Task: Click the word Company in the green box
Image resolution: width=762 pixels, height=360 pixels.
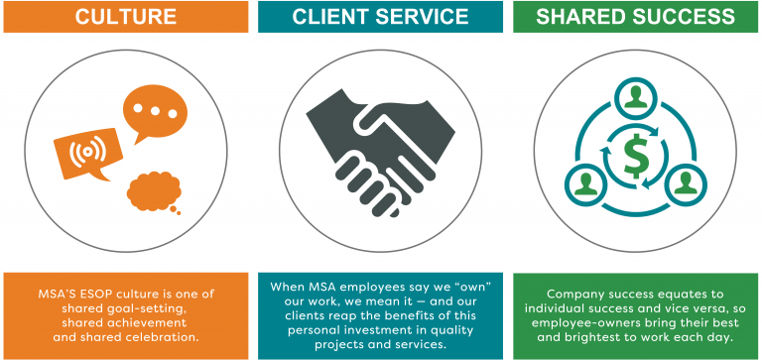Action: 576,295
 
